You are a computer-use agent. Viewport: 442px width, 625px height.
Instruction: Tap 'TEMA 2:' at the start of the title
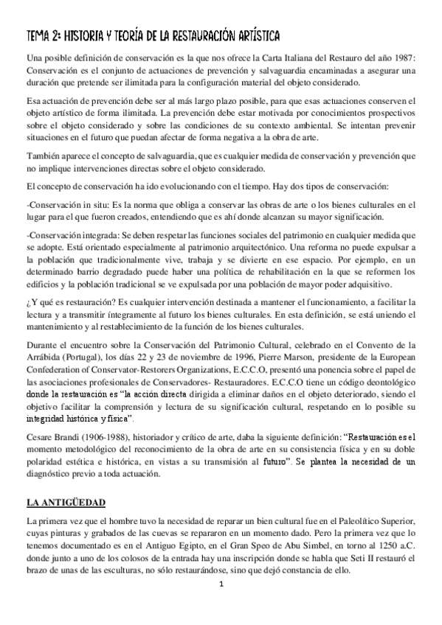pyautogui.click(x=44, y=35)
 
